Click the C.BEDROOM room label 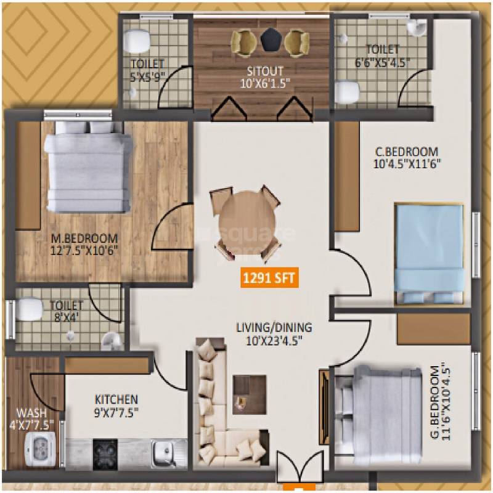407,152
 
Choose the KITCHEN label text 116,399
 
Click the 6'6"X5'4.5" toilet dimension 382,62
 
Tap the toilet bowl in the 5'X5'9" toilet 137,42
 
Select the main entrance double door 299,467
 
